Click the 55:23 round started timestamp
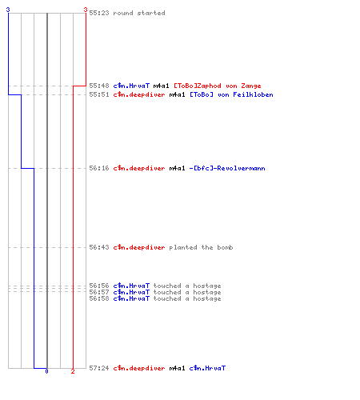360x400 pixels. click(99, 13)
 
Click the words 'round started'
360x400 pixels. click(139, 13)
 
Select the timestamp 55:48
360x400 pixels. click(99, 86)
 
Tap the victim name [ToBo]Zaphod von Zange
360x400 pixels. click(218, 86)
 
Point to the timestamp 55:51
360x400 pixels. click(99, 94)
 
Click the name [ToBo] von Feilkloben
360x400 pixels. click(231, 94)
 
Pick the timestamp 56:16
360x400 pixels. click(99, 168)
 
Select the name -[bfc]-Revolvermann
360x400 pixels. click(227, 168)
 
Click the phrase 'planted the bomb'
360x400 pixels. click(201, 247)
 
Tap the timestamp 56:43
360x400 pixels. click(99, 247)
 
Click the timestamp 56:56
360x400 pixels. click(99, 286)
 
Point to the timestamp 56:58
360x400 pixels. click(99, 298)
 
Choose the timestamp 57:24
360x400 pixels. click(99, 368)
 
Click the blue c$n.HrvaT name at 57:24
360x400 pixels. click(207, 368)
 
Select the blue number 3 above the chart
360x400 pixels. click(8, 10)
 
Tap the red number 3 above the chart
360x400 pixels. click(86, 10)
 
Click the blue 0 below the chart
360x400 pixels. click(46, 371)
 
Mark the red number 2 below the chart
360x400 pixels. click(73, 371)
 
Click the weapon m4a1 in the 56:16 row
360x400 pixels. click(177, 168)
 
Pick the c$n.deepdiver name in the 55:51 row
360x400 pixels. click(139, 94)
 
